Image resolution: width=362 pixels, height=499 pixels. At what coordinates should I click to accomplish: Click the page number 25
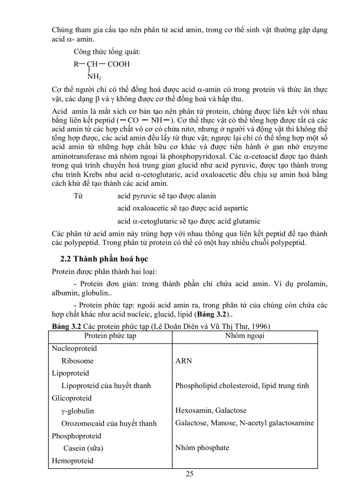pos(189,474)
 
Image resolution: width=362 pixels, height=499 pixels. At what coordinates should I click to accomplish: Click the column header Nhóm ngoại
pos(245,335)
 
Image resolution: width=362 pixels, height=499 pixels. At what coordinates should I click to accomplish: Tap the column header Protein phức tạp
pos(110,335)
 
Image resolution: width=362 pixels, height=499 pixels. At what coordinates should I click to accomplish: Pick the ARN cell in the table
pos(184,361)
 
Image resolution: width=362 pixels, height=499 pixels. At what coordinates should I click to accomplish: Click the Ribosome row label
pos(78,361)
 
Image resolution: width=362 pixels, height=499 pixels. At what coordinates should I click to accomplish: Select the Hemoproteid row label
pos(73,461)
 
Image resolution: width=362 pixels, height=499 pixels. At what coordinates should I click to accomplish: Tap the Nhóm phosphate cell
pos(202,447)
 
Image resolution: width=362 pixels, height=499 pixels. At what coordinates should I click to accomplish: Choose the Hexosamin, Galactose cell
pos(211,411)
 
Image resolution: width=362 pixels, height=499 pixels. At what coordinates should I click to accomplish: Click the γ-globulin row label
pos(78,411)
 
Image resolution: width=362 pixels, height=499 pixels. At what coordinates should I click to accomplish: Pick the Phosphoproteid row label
pos(76,436)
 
